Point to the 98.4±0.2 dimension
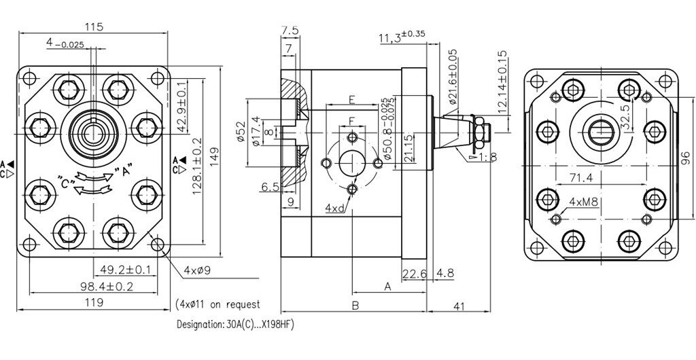click(x=107, y=287)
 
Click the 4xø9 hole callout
click(x=197, y=270)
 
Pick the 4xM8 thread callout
click(x=583, y=202)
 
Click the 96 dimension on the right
click(x=685, y=158)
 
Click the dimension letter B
click(x=354, y=306)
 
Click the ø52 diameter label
click(x=241, y=133)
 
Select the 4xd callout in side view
click(x=334, y=208)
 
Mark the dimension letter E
click(x=351, y=100)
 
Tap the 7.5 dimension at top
click(x=290, y=31)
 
